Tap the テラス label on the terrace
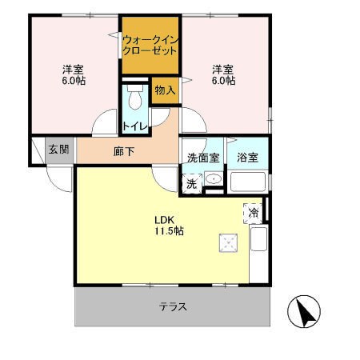[x=173, y=306]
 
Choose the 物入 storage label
[x=165, y=91]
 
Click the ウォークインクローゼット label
[x=150, y=44]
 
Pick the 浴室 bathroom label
[x=248, y=157]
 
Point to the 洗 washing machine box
[x=192, y=183]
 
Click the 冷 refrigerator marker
[x=252, y=213]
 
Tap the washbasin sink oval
[x=213, y=180]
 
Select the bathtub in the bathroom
[x=248, y=182]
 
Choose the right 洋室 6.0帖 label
[x=223, y=74]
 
